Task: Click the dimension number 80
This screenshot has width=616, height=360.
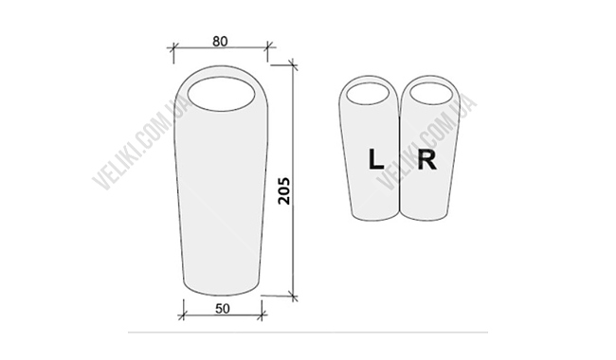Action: click(x=220, y=42)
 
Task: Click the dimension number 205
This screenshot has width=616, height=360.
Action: click(x=283, y=190)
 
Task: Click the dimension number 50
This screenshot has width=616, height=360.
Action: click(x=223, y=309)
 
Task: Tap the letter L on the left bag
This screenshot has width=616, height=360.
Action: click(x=376, y=159)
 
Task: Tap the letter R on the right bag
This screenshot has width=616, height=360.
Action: click(x=427, y=160)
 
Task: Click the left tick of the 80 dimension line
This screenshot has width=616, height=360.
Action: click(x=173, y=47)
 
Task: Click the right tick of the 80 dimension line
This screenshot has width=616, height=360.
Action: click(x=268, y=47)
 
